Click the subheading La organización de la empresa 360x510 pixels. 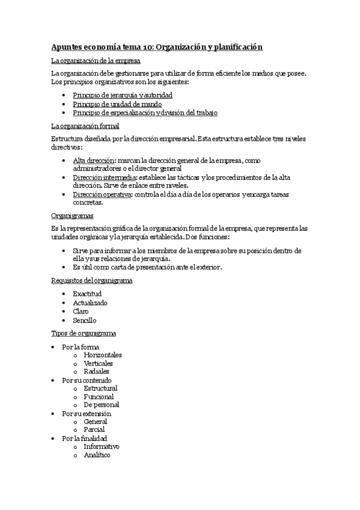click(96, 61)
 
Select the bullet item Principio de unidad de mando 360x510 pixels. click(118, 104)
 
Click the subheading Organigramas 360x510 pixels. click(72, 215)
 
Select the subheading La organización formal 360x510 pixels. click(85, 126)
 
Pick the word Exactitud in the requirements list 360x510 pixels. click(87, 293)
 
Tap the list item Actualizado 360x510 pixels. click(90, 303)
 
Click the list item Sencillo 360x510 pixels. click(85, 320)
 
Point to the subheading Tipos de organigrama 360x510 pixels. click(84, 333)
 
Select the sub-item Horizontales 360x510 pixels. click(103, 355)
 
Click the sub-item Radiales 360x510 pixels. click(96, 372)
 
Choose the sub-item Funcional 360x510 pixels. click(99, 397)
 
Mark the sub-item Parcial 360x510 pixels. click(94, 429)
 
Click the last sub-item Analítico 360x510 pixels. click(97, 455)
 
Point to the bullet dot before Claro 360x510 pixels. click(64, 312)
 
